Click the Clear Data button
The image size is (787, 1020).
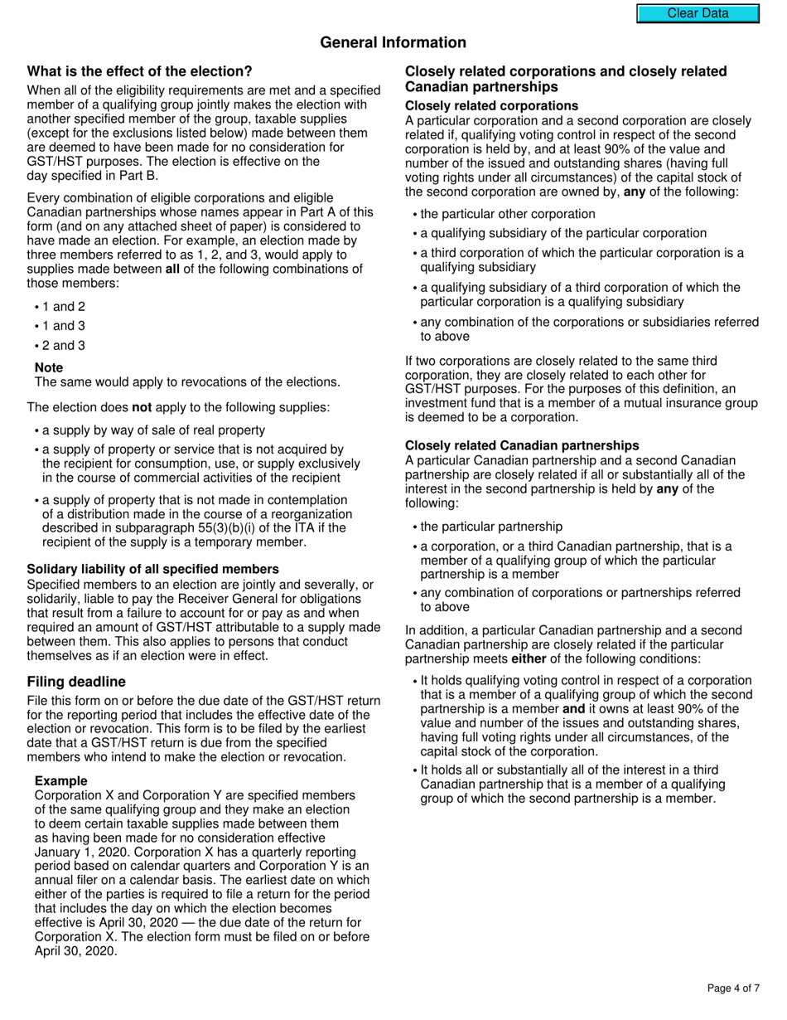point(698,13)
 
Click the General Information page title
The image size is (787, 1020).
point(393,42)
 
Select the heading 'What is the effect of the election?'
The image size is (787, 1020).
point(139,71)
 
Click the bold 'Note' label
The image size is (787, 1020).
point(49,367)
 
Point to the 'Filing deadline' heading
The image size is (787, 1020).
point(76,682)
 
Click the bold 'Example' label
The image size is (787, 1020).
point(60,781)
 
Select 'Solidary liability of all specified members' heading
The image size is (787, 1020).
point(152,569)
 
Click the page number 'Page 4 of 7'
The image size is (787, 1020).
point(732,988)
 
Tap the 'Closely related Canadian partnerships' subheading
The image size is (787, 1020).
point(522,445)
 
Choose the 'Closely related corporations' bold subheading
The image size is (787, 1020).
point(491,106)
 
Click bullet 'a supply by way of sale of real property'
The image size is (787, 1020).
point(153,430)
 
